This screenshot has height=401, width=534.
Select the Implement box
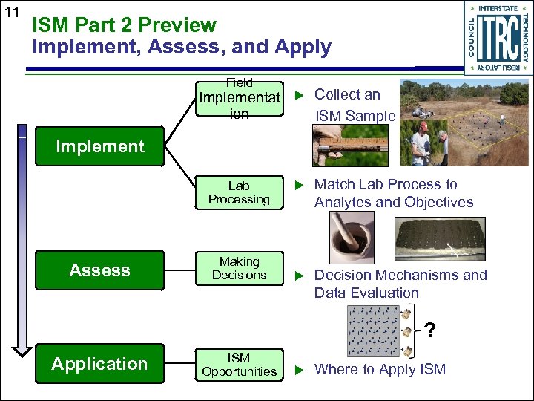click(99, 146)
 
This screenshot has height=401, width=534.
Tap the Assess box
click(99, 270)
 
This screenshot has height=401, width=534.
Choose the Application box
click(99, 364)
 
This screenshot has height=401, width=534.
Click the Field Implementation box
click(239, 99)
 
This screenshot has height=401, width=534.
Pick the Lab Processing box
click(239, 193)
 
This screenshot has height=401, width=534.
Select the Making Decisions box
click(239, 269)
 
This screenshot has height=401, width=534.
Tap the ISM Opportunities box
click(239, 365)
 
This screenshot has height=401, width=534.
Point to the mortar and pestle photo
click(342, 238)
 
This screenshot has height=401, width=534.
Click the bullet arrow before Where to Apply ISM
click(300, 370)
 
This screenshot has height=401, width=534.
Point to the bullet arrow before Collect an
click(300, 95)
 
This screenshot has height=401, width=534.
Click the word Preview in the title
click(177, 25)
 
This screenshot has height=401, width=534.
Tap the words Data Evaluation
click(366, 293)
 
